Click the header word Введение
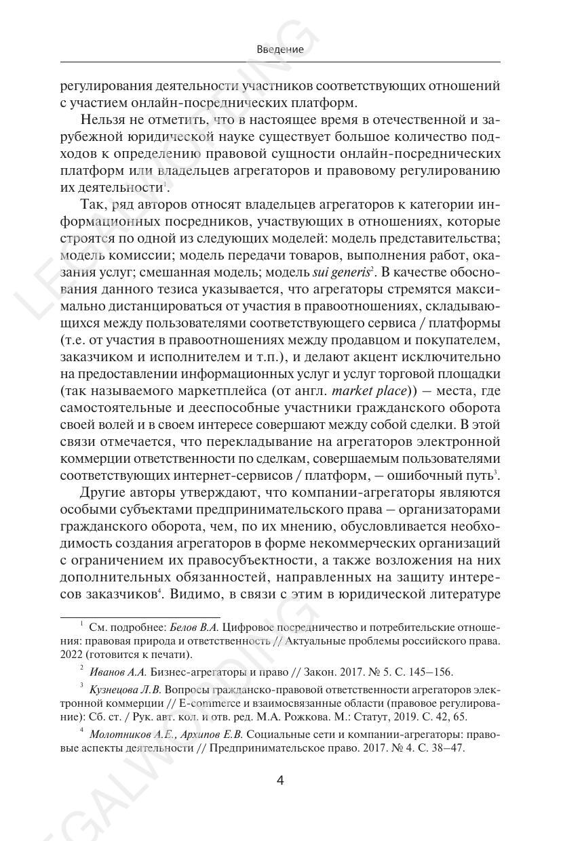(x=280, y=49)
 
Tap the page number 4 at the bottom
(x=280, y=780)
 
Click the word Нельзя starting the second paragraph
(x=101, y=120)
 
